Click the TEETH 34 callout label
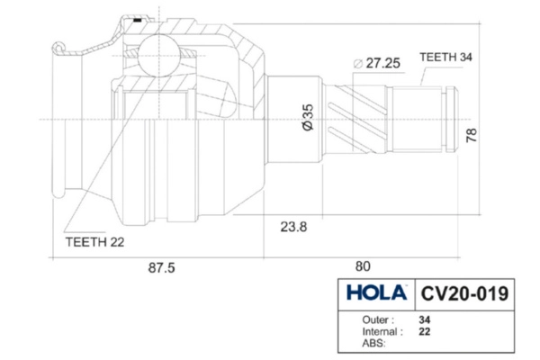pos(445,57)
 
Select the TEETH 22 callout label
pos(94,242)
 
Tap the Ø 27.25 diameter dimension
pos(377,63)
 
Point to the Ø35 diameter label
pos(308,117)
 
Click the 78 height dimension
pos(471,135)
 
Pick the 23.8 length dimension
pos(293,227)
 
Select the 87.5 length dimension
pos(161,267)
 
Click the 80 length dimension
pos(363,266)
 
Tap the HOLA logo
pos(376,292)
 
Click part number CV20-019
pos(464,293)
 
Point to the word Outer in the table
pos(375,319)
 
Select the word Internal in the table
pos(379,331)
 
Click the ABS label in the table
pos(373,343)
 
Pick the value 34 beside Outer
pos(425,319)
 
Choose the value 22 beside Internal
pos(425,331)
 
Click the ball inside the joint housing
pos(159,55)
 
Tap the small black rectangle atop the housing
pos(138,21)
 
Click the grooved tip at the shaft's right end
pos(452,119)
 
